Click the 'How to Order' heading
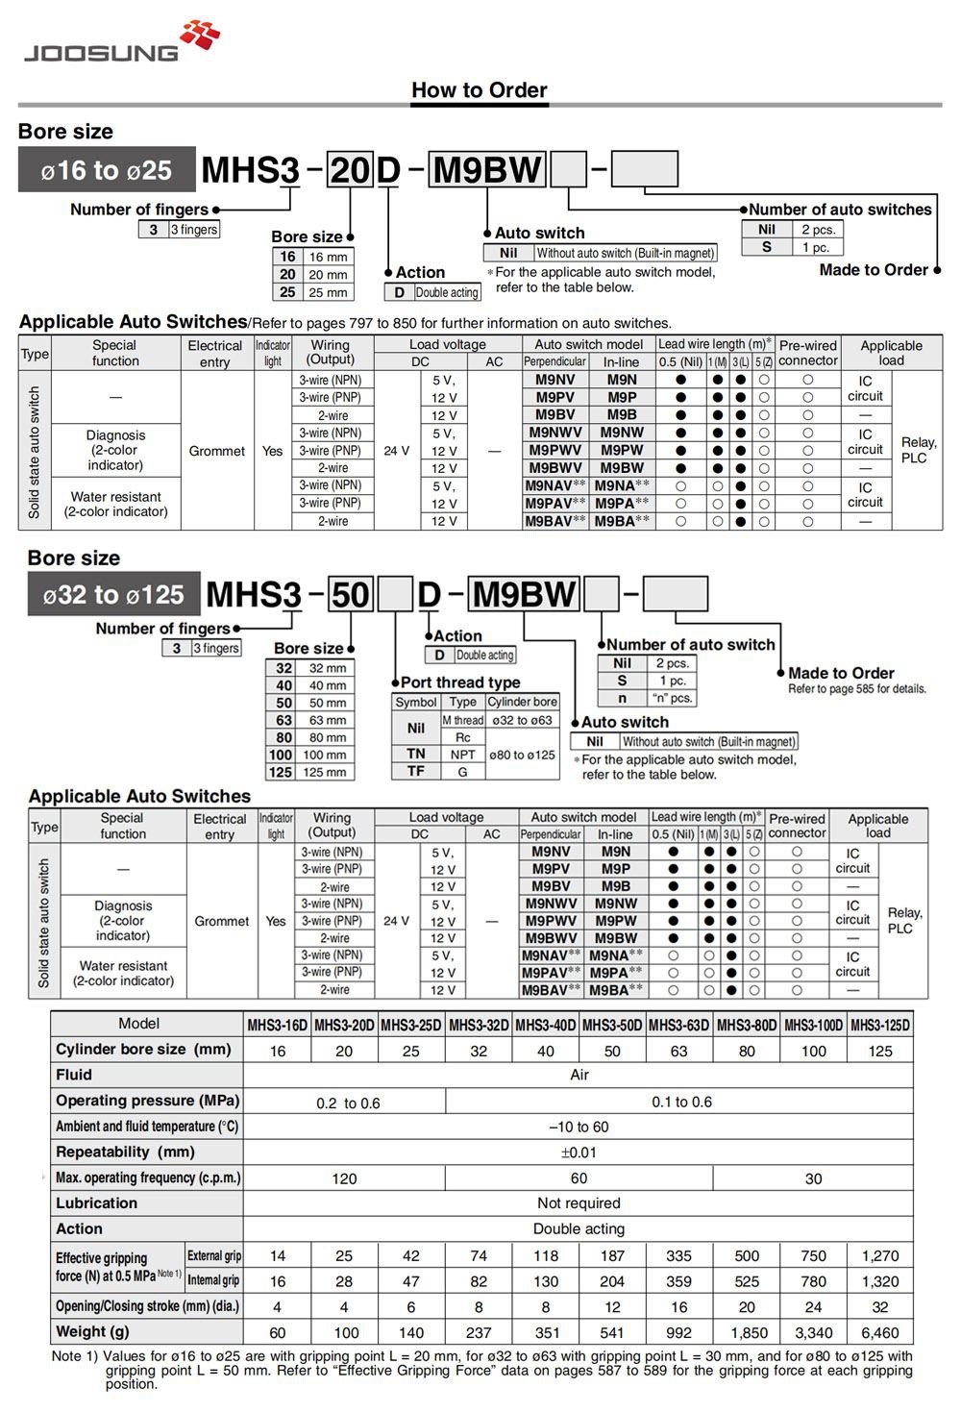click(x=479, y=90)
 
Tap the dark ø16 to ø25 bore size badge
click(x=107, y=170)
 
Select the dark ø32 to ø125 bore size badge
click(x=113, y=595)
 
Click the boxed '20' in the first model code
click(x=350, y=171)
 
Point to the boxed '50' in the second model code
click(x=351, y=595)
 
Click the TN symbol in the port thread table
click(x=415, y=754)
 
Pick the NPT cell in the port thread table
click(x=463, y=755)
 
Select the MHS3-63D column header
click(x=679, y=1025)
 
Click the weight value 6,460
click(x=880, y=1332)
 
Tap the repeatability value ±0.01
click(x=579, y=1153)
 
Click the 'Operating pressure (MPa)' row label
click(x=147, y=1101)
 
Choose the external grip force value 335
click(x=679, y=1255)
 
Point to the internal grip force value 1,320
click(x=880, y=1281)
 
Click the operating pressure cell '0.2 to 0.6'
click(x=348, y=1103)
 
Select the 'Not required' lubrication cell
click(x=579, y=1203)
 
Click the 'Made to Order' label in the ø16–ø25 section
click(x=873, y=270)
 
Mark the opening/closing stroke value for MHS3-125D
click(x=880, y=1307)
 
